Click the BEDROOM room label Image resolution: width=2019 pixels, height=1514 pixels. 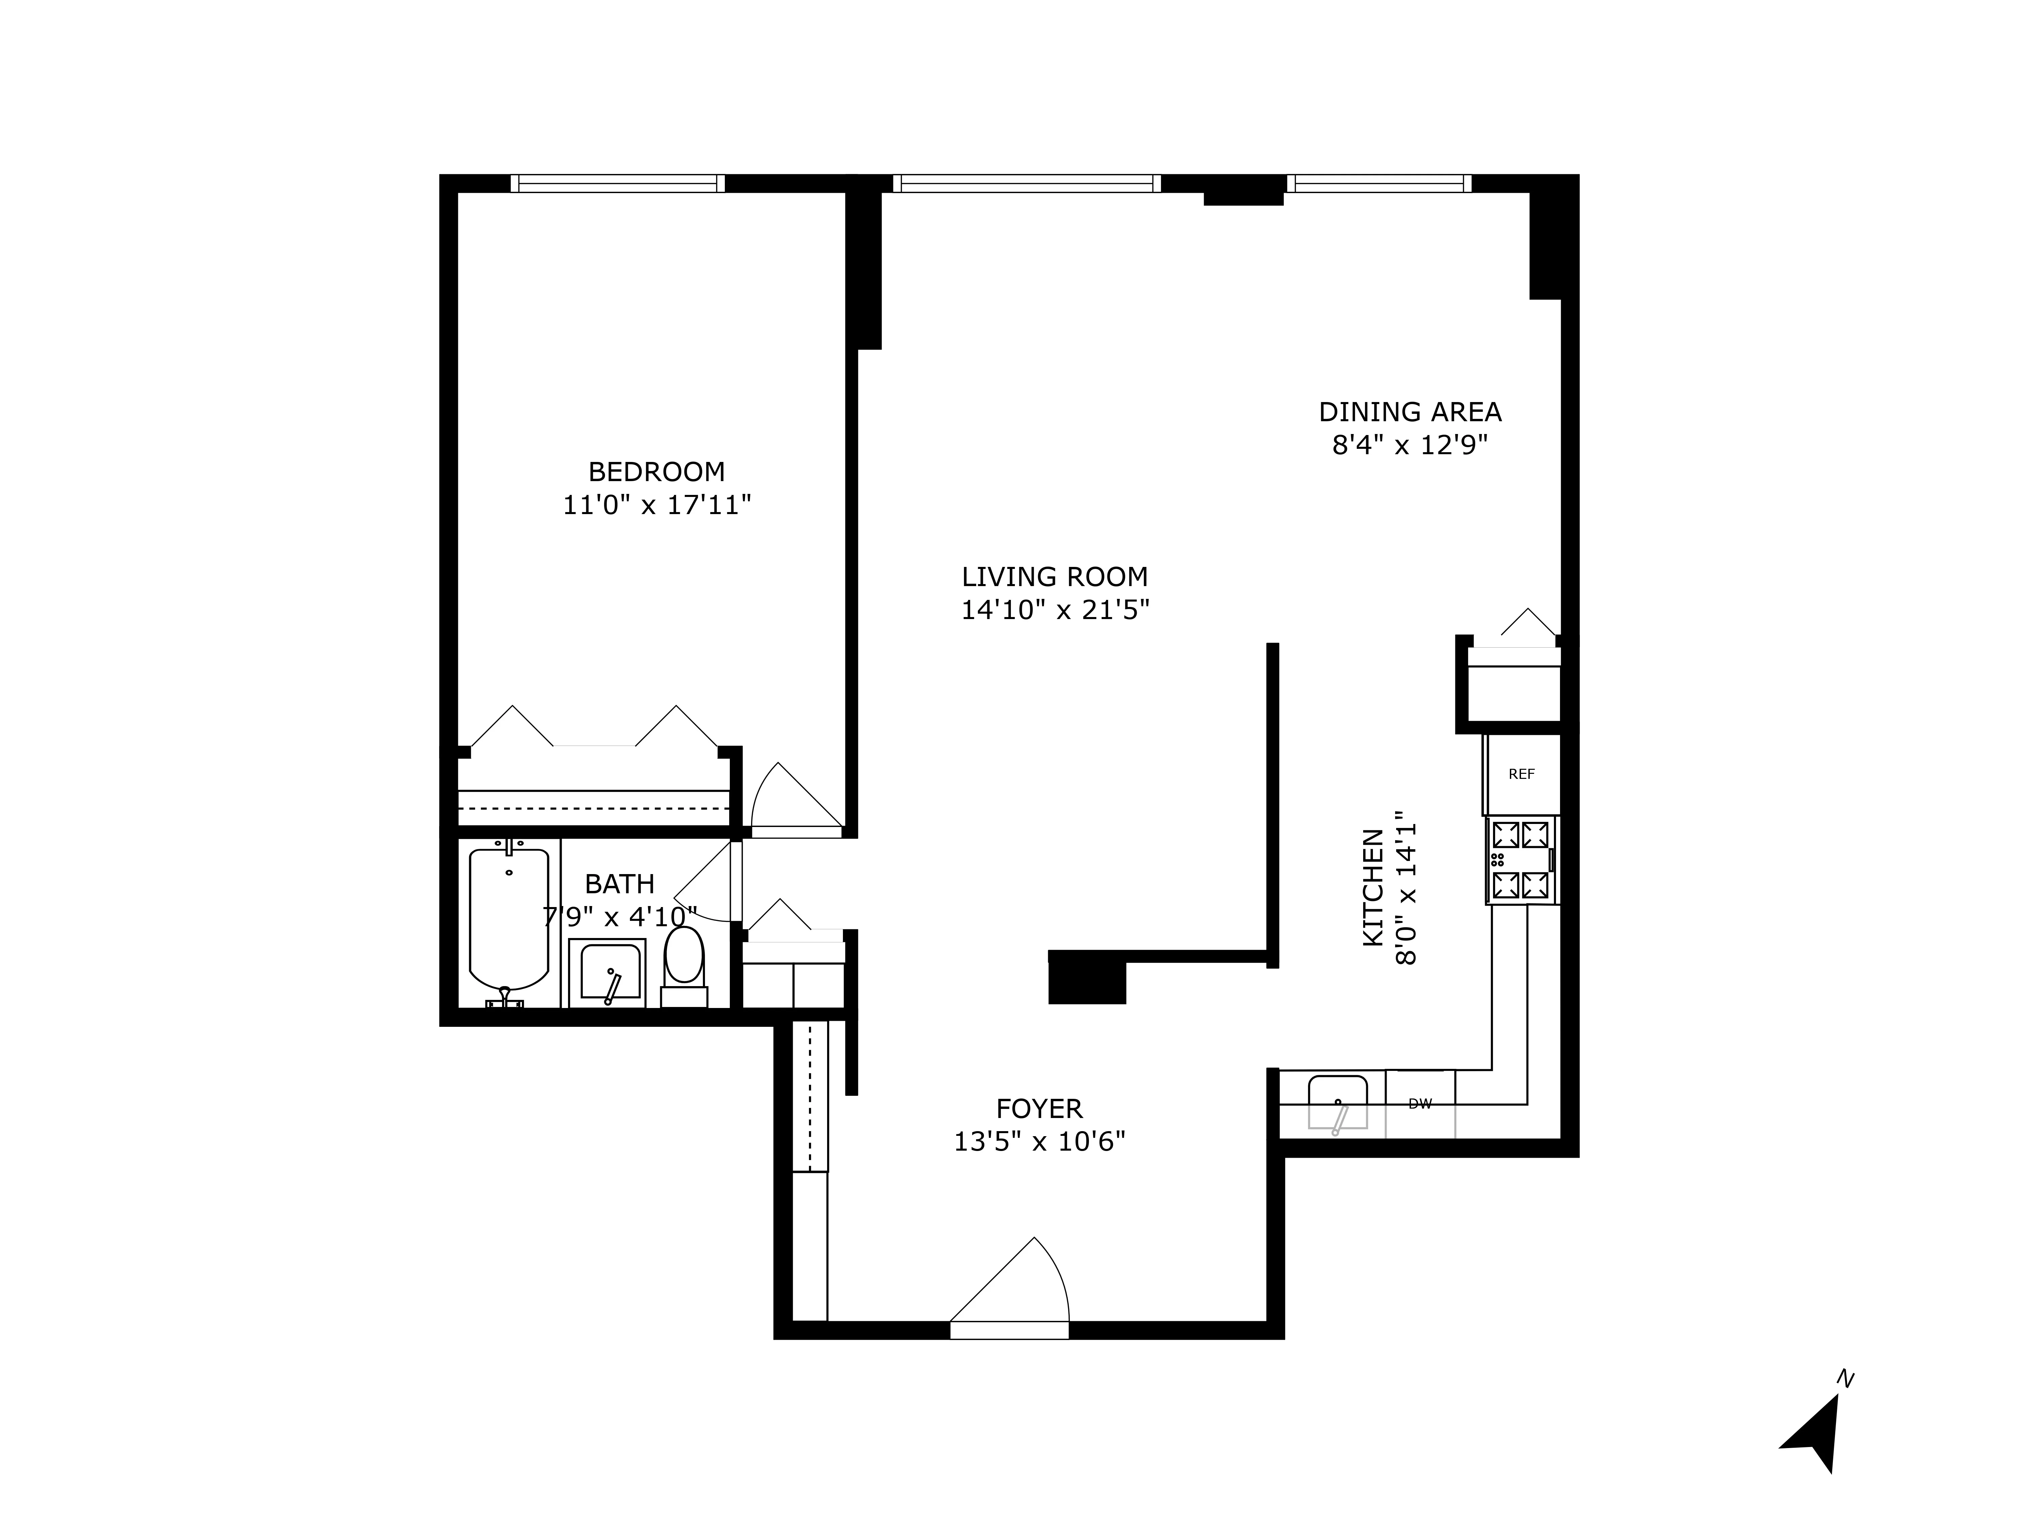[x=656, y=472]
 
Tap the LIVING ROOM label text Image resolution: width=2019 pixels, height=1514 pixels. [x=1054, y=577]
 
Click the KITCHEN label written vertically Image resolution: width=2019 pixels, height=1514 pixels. [x=1372, y=887]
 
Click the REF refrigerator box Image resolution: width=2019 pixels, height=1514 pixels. [x=1521, y=774]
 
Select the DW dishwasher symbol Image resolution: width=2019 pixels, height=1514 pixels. [x=1419, y=1103]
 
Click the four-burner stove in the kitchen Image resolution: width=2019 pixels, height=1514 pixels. [x=1521, y=860]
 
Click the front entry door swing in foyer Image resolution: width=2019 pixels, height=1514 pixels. [x=1013, y=1282]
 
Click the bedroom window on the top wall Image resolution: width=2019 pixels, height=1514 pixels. [x=617, y=183]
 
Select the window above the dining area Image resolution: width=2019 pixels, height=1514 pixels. [x=1378, y=183]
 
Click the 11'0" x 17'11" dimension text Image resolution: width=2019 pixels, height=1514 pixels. [x=656, y=505]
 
